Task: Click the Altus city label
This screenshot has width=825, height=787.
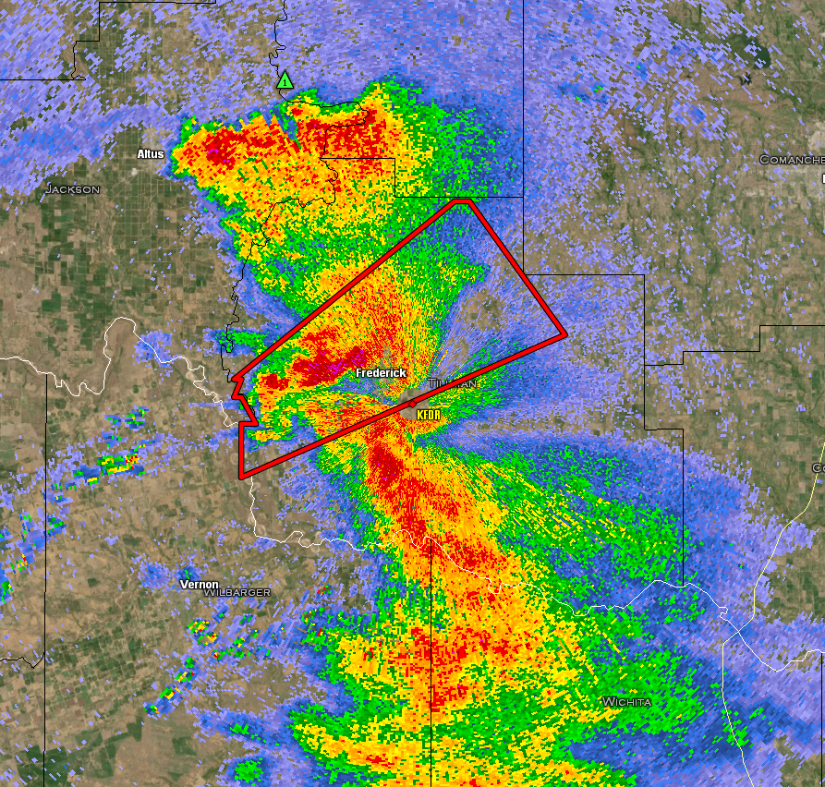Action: (x=150, y=153)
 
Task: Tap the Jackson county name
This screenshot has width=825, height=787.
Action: (x=72, y=189)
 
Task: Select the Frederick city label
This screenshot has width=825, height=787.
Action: (x=381, y=372)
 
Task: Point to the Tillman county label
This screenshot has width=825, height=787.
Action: (x=454, y=383)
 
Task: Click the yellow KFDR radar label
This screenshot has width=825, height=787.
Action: (x=429, y=416)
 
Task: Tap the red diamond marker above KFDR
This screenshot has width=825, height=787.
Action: (x=412, y=405)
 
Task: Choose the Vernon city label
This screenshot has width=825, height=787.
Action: (x=199, y=585)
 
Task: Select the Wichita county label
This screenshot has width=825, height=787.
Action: (x=626, y=702)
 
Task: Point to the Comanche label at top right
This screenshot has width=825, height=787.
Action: (x=791, y=160)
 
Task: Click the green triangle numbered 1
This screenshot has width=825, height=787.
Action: (x=285, y=81)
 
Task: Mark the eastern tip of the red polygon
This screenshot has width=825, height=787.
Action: (x=564, y=334)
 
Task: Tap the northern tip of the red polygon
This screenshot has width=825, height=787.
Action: (x=465, y=200)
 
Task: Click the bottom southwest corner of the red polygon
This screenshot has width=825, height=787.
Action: (x=241, y=477)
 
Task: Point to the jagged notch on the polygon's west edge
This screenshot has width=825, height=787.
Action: (x=237, y=393)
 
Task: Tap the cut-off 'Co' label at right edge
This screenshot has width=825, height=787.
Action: (x=818, y=469)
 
